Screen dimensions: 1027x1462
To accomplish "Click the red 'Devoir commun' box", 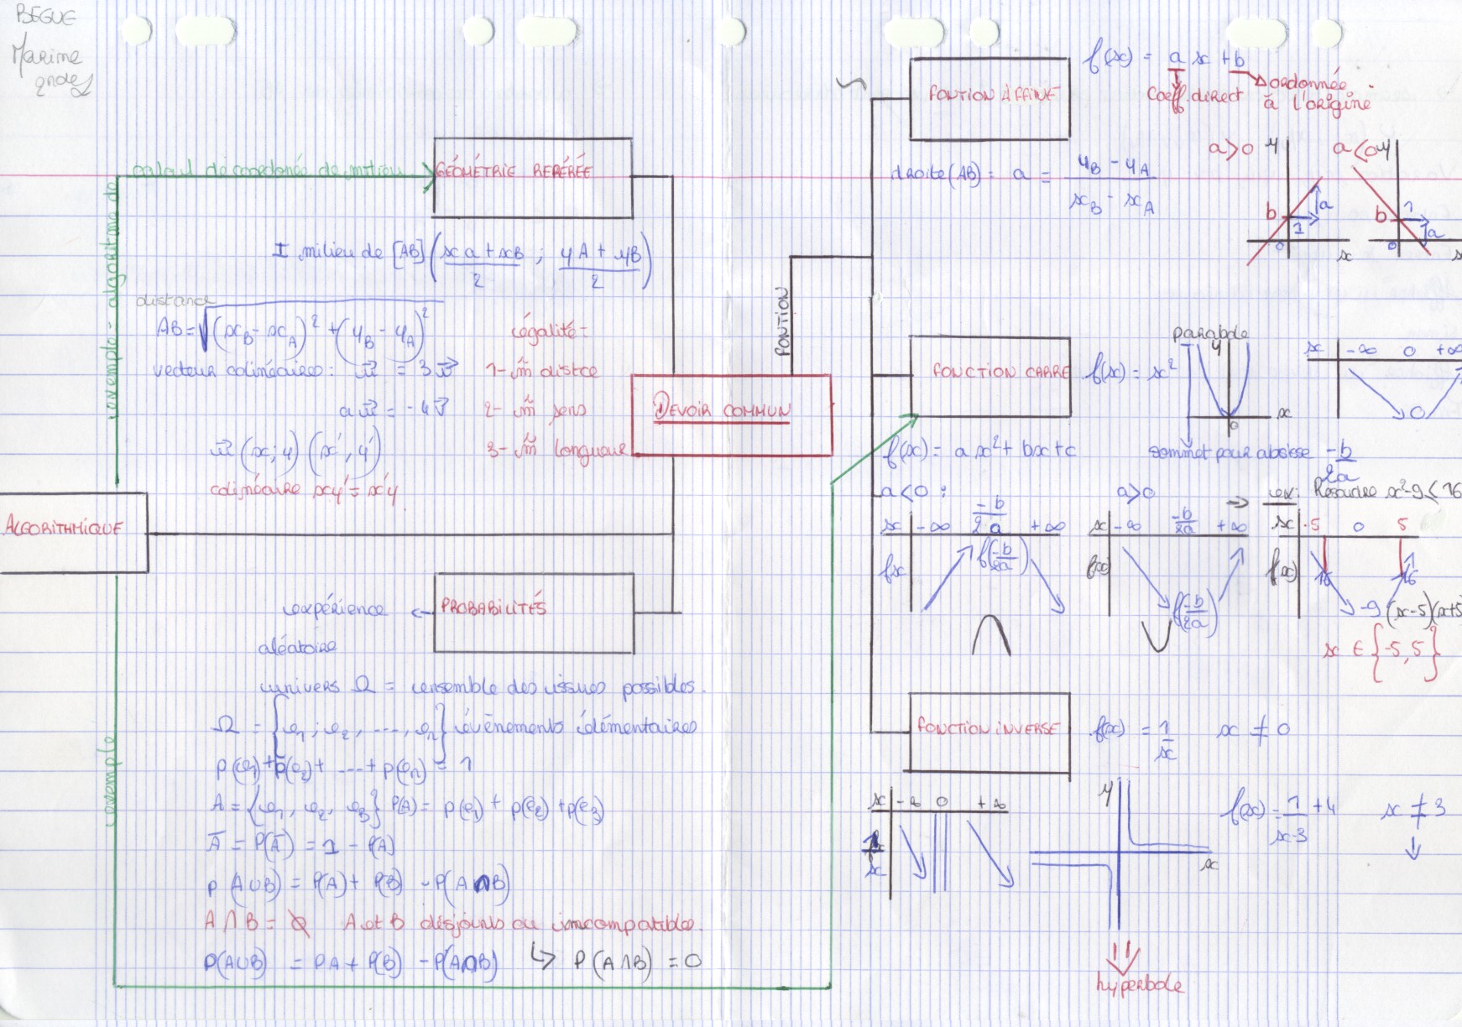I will tap(731, 415).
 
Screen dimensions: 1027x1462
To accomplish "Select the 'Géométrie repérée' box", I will tap(533, 178).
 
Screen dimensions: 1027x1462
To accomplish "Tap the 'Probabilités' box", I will tap(534, 613).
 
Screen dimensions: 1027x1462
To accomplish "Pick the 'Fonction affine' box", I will tap(989, 98).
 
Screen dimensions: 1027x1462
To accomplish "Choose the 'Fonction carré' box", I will tap(990, 377).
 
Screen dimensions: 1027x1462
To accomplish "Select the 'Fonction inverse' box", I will tap(989, 732).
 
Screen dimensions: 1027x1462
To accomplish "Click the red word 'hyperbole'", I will tap(1140, 985).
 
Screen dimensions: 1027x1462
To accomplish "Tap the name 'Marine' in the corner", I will tap(47, 57).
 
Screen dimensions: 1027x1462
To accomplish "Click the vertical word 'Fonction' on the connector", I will tap(783, 323).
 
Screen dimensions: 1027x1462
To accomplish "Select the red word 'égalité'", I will tap(548, 332).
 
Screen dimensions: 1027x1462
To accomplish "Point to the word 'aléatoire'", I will tap(297, 647).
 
